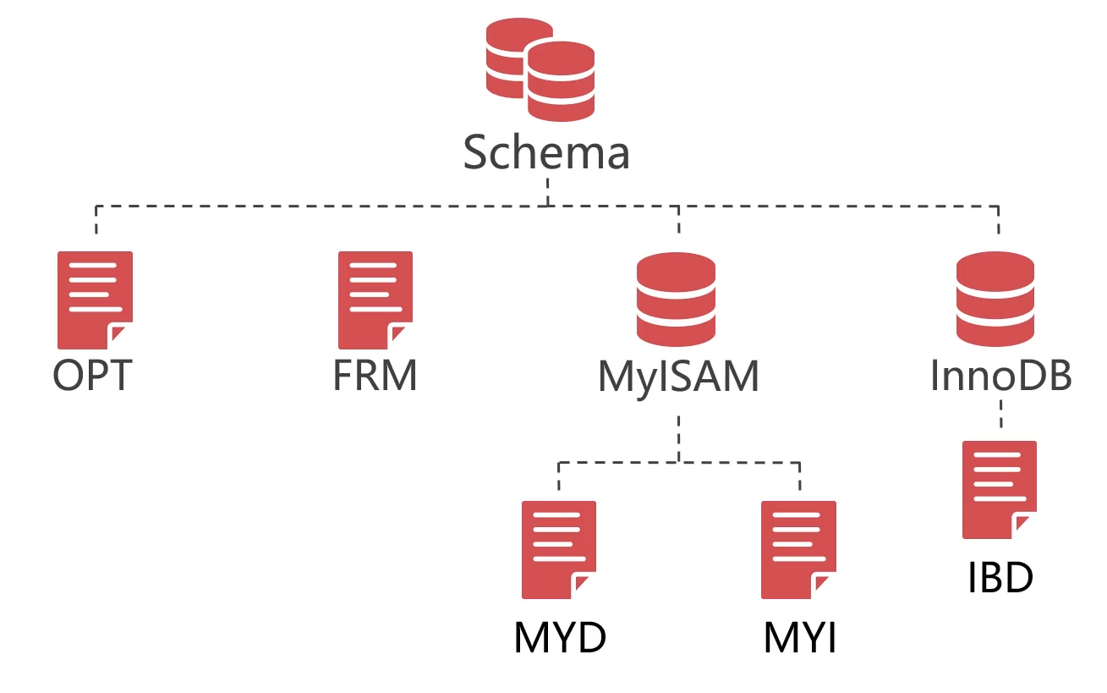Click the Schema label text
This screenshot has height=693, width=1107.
pyautogui.click(x=547, y=153)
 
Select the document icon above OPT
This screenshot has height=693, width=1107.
pyautogui.click(x=95, y=300)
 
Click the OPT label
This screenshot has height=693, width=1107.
pyautogui.click(x=93, y=375)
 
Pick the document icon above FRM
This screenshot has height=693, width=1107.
pyautogui.click(x=375, y=300)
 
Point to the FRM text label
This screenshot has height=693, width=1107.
pyautogui.click(x=375, y=375)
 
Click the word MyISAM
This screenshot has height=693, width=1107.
pyautogui.click(x=678, y=377)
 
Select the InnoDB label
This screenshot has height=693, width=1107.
pyautogui.click(x=1001, y=375)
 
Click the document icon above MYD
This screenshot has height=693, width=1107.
pyautogui.click(x=558, y=550)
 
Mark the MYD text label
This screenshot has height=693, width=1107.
pyautogui.click(x=560, y=639)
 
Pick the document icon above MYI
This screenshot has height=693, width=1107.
pyautogui.click(x=798, y=550)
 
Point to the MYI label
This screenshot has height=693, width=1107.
pyautogui.click(x=800, y=639)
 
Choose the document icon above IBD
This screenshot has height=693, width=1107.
pyautogui.click(x=1000, y=489)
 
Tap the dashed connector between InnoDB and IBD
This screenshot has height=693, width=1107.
pyautogui.click(x=1000, y=415)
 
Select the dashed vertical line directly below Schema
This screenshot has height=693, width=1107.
pyautogui.click(x=548, y=190)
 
